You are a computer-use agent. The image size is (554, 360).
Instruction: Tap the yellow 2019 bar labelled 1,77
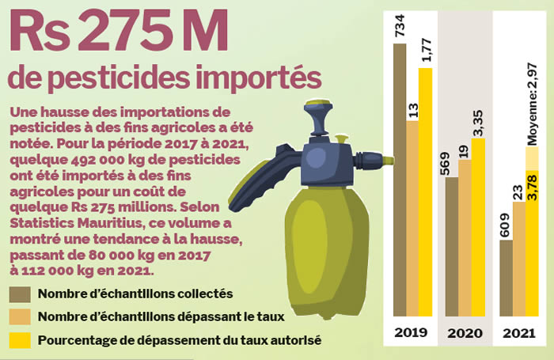point(427,190)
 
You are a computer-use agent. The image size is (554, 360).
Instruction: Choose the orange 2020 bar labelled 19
point(465,237)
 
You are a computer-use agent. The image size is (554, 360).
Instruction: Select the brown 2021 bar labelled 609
point(507,277)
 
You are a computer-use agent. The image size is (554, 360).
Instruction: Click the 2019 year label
point(412,333)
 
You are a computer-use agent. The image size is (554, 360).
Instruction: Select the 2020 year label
point(465,333)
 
